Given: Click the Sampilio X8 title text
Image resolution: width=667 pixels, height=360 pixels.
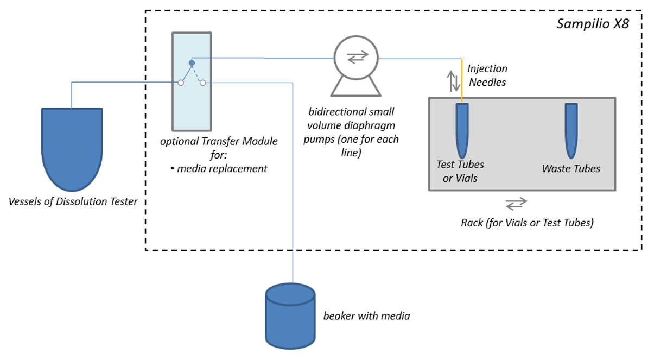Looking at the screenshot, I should pyautogui.click(x=593, y=24).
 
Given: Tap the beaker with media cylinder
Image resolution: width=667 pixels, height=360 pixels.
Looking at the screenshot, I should pyautogui.click(x=290, y=315).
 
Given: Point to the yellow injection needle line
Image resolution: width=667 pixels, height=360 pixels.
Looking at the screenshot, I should pyautogui.click(x=462, y=81).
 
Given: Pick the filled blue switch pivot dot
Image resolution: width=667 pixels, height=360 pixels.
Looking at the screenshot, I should pyautogui.click(x=192, y=63).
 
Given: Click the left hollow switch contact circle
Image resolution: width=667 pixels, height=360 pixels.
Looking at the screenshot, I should pyautogui.click(x=181, y=83).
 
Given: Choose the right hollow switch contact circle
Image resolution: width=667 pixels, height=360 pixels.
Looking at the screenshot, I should pyautogui.click(x=202, y=83).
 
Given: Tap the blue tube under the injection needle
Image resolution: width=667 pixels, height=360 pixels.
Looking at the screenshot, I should pyautogui.click(x=462, y=130).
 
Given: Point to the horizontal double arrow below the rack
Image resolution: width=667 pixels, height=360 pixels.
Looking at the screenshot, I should pyautogui.click(x=516, y=204).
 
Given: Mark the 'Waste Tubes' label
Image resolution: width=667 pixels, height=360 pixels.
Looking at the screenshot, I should pyautogui.click(x=571, y=169).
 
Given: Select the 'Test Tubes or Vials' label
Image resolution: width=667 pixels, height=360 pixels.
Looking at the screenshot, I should pyautogui.click(x=460, y=171).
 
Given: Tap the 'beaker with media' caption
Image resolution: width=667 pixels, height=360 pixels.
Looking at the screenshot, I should pyautogui.click(x=366, y=315).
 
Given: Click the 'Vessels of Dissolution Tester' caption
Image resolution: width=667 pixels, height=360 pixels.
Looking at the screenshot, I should pyautogui.click(x=73, y=202).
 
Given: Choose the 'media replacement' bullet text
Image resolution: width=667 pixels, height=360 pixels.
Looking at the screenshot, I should pyautogui.click(x=219, y=168).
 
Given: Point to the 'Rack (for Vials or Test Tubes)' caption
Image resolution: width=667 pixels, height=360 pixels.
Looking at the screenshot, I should pyautogui.click(x=526, y=223).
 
